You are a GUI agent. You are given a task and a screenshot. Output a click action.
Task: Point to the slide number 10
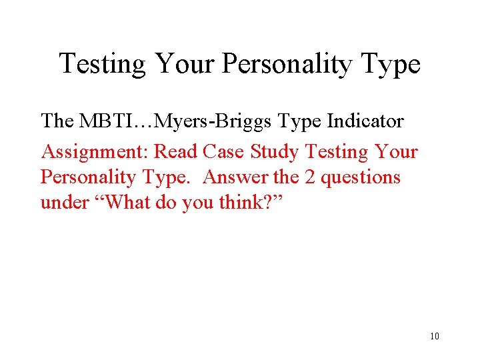[435, 335]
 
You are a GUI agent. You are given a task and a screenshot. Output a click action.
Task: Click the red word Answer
[233, 177]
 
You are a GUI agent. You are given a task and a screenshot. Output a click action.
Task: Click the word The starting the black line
[59, 121]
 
